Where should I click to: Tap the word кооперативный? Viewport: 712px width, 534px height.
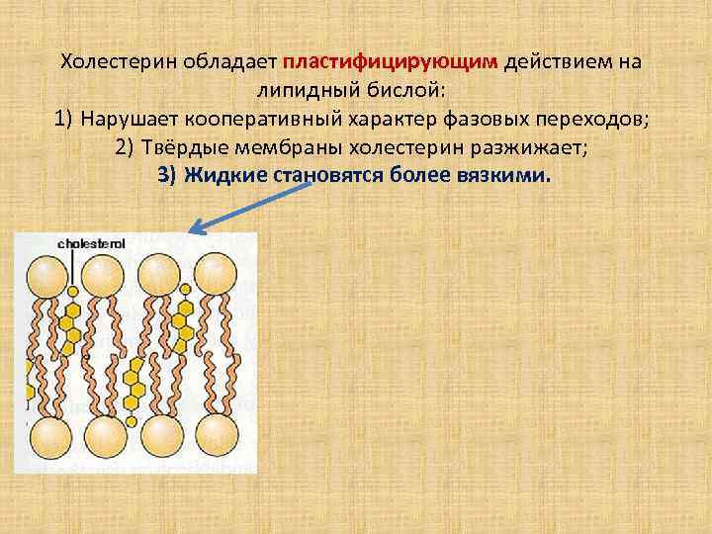(248, 121)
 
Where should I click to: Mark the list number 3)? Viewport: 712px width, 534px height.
(169, 176)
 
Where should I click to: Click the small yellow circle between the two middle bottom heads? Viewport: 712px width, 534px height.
(132, 422)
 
